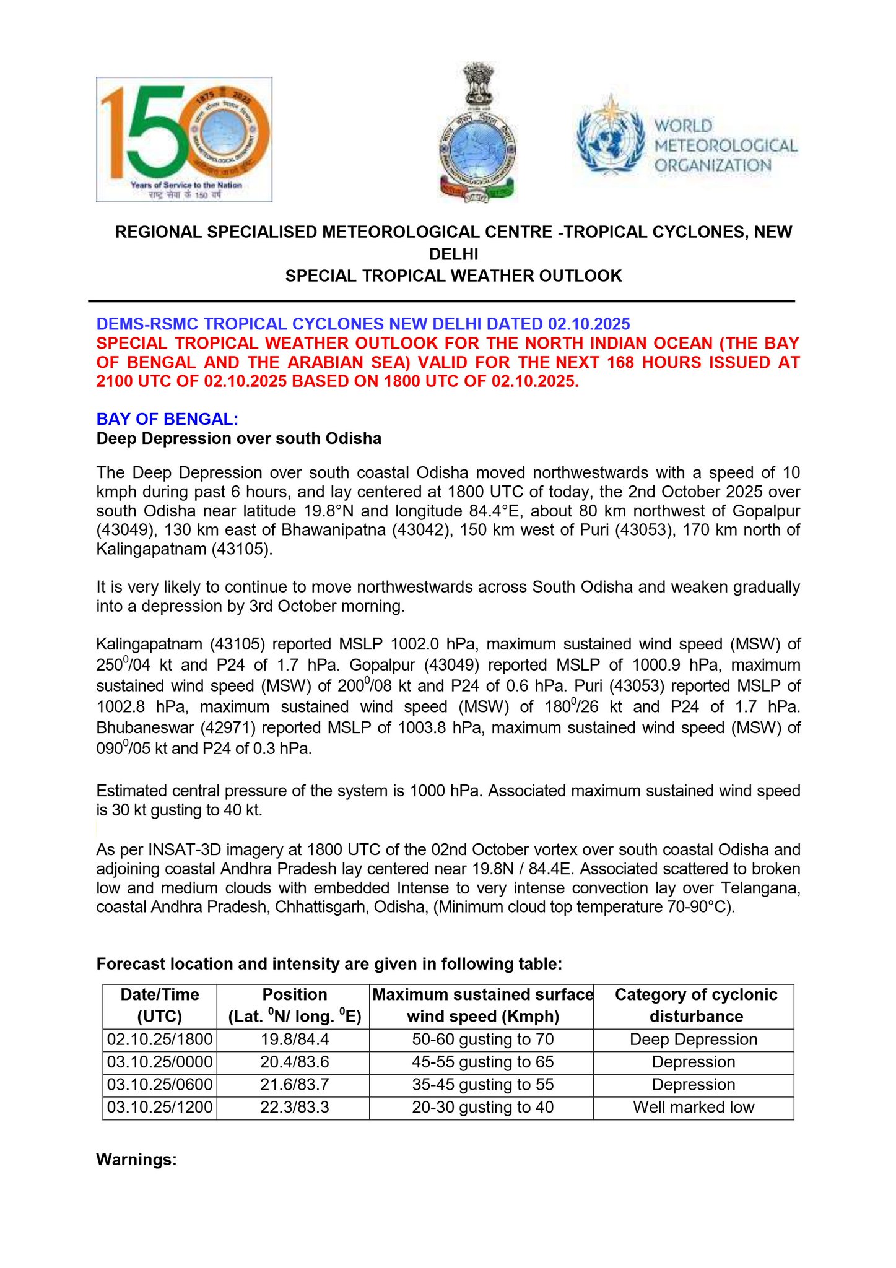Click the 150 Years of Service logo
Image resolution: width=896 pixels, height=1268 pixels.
click(184, 139)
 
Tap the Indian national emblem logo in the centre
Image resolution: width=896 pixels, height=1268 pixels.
click(477, 132)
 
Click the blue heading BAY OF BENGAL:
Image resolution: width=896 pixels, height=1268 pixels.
click(167, 419)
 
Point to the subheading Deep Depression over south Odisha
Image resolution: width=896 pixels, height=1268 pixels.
click(238, 438)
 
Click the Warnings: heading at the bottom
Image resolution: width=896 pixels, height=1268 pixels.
click(137, 1159)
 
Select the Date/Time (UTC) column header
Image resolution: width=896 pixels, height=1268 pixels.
click(160, 1005)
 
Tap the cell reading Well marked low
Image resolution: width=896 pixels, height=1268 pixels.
click(694, 1107)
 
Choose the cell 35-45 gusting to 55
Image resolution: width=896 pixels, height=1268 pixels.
click(482, 1085)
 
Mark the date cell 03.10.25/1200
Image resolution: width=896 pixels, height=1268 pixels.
click(160, 1107)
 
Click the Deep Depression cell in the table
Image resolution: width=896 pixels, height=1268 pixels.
click(694, 1040)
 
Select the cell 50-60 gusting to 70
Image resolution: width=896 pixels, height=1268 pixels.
click(482, 1040)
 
